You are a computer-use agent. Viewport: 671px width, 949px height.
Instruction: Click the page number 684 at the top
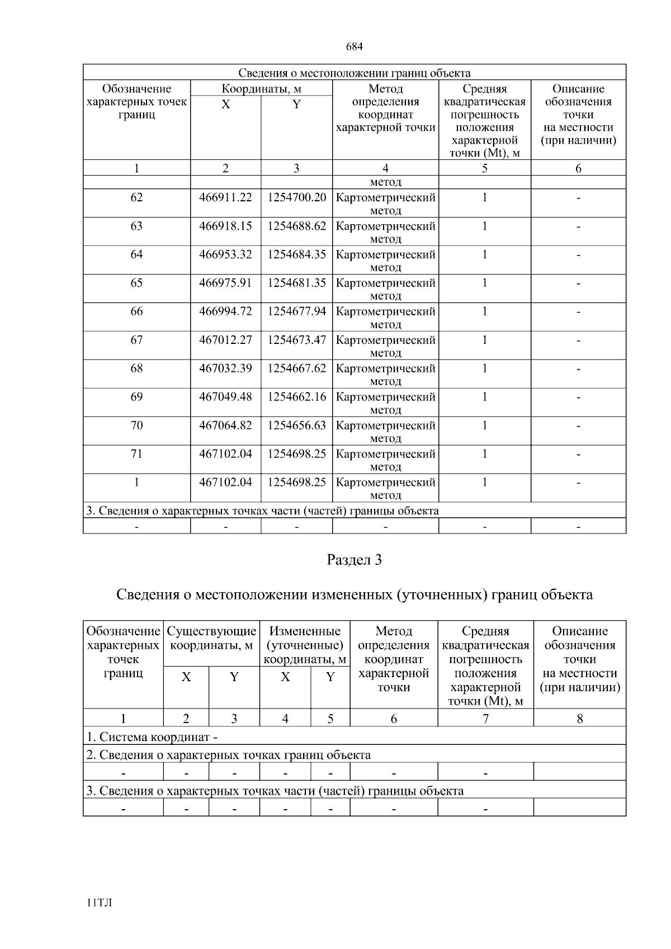point(355,47)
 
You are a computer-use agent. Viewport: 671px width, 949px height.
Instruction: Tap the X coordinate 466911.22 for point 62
point(225,197)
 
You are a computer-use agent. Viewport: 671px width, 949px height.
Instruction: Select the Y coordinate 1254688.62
point(296,226)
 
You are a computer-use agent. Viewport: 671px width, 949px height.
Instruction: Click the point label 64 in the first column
point(136,254)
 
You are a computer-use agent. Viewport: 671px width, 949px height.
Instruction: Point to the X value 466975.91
point(225,283)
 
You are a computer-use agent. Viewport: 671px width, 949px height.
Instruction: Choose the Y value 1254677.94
point(296,311)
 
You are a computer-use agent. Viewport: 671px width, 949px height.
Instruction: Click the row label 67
point(136,340)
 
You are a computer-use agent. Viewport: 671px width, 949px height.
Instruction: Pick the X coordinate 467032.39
point(225,369)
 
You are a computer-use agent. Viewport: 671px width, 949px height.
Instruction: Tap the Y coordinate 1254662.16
point(296,397)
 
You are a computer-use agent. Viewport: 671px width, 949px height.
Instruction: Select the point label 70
point(136,426)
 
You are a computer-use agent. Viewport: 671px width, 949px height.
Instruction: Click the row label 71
point(136,454)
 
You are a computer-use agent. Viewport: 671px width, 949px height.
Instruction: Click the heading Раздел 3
point(354,560)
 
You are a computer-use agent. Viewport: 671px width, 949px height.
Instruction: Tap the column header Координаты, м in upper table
point(261,89)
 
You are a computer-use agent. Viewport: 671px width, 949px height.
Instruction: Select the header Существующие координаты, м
point(211,638)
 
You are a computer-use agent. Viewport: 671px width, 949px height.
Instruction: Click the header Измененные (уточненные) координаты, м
point(305,645)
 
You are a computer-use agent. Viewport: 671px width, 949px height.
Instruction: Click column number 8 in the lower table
point(580,719)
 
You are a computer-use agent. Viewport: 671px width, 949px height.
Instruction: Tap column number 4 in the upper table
point(385,168)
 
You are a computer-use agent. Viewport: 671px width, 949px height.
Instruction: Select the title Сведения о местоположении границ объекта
point(354,73)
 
